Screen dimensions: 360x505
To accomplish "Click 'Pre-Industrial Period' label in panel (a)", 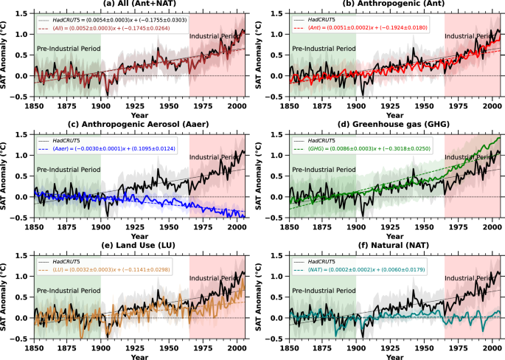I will click(68, 49).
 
